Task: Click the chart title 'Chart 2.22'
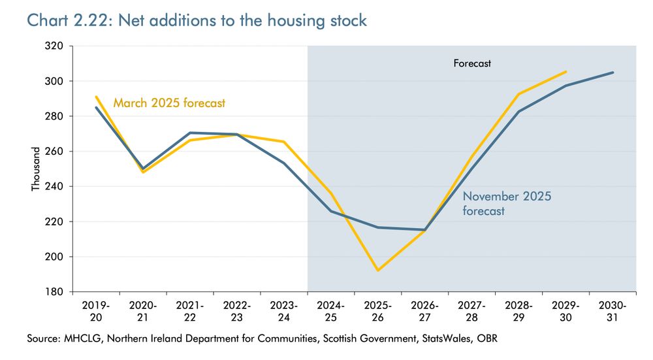65,20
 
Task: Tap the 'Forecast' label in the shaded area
472,63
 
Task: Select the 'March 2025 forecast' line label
169,103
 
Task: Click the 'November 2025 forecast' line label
507,203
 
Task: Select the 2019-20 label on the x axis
96,311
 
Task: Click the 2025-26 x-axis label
378,311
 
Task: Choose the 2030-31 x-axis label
613,311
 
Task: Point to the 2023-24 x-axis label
284,311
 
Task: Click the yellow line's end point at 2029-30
566,72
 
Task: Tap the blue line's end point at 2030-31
613,73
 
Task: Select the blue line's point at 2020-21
143,169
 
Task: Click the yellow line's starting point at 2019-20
96,97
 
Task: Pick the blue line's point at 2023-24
284,163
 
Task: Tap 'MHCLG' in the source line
81,338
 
